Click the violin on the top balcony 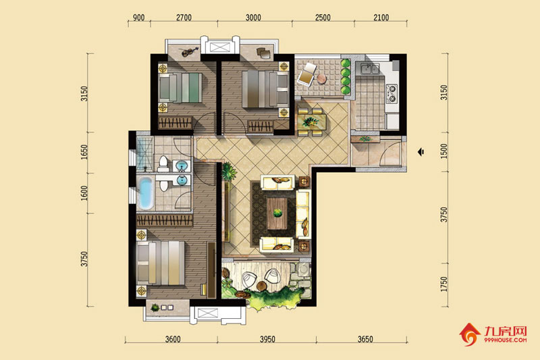[190, 52]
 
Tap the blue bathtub [146, 192]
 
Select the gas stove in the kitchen [392, 93]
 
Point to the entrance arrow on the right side [421, 151]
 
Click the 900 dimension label [138, 18]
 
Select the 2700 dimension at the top [184, 18]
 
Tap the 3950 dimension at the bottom [267, 339]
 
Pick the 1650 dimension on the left [84, 152]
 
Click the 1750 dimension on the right [444, 284]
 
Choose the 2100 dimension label [381, 18]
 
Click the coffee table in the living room [277, 213]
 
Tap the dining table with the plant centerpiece [312, 122]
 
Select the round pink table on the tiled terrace [322, 79]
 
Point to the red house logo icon [469, 334]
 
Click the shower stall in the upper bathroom [144, 154]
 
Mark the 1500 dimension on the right [444, 151]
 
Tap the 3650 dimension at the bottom [365, 339]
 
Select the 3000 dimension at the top [253, 18]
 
